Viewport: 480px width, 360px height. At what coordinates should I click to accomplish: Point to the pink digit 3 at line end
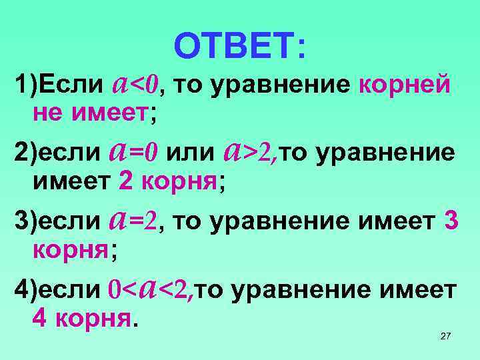[450, 221]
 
